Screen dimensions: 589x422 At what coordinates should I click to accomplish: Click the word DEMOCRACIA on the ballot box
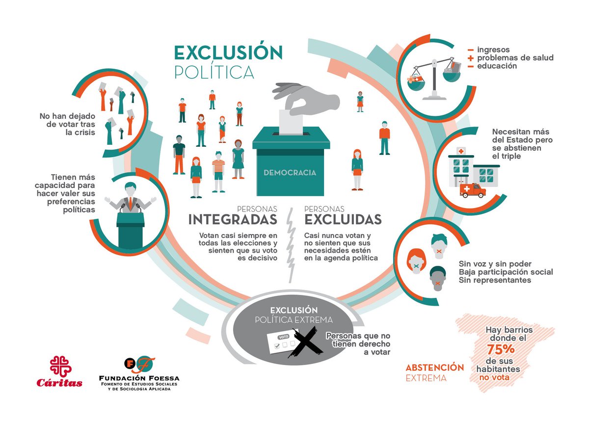pyautogui.click(x=290, y=173)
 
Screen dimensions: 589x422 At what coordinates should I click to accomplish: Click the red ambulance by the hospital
pyautogui.click(x=473, y=190)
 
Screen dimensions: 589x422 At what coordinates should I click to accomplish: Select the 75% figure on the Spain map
pyautogui.click(x=501, y=349)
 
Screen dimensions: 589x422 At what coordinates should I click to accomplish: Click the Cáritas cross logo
pyautogui.click(x=61, y=366)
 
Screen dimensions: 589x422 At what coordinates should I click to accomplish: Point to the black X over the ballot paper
pyautogui.click(x=305, y=342)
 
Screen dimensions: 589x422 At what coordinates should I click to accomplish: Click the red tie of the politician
pyautogui.click(x=131, y=204)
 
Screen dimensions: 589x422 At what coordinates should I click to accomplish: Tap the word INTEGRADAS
pyautogui.click(x=233, y=219)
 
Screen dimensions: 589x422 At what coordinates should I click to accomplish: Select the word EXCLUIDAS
pyautogui.click(x=343, y=219)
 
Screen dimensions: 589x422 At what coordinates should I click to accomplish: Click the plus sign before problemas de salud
pyautogui.click(x=471, y=58)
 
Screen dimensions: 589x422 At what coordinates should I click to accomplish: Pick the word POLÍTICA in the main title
pyautogui.click(x=214, y=72)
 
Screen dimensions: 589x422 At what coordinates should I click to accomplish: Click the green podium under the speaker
pyautogui.click(x=131, y=230)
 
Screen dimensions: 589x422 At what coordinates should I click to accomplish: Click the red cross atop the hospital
pyautogui.click(x=461, y=151)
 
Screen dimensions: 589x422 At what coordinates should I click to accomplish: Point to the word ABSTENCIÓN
pyautogui.click(x=435, y=368)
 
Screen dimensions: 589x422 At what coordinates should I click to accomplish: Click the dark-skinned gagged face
pyautogui.click(x=437, y=279)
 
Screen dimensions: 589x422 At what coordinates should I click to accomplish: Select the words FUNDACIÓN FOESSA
pyautogui.click(x=139, y=378)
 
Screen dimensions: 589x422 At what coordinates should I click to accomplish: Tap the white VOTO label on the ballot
pyautogui.click(x=284, y=337)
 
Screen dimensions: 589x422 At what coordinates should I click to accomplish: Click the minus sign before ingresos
pyautogui.click(x=471, y=50)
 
